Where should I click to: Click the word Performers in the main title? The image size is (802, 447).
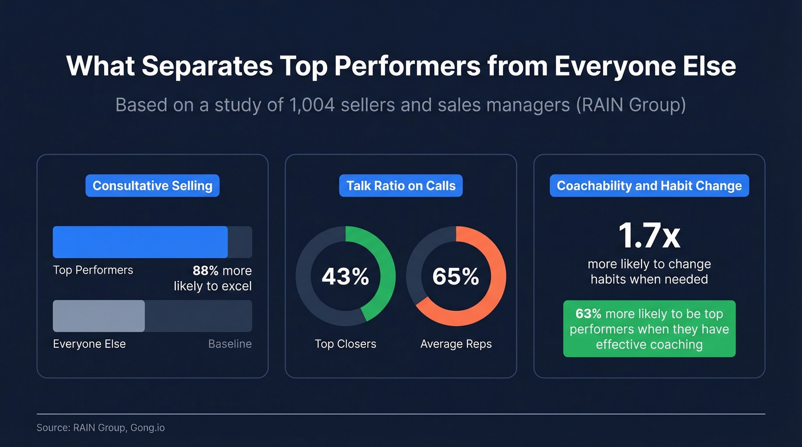(407, 66)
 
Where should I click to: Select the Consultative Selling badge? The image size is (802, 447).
(152, 186)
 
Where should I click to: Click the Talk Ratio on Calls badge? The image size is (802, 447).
(401, 186)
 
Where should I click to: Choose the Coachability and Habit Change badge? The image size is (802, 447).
(649, 186)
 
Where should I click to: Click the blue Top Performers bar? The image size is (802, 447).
(140, 242)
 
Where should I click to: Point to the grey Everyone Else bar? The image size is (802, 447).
(99, 316)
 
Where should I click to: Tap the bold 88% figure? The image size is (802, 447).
(206, 271)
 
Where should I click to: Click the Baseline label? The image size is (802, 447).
(230, 344)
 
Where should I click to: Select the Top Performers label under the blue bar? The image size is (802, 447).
(93, 270)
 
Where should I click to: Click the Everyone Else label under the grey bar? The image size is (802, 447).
(89, 344)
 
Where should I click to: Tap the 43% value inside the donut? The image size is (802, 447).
(345, 276)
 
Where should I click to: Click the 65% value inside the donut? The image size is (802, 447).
(456, 276)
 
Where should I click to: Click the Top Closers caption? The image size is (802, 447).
(345, 344)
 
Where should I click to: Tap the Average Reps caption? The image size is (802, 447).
(456, 344)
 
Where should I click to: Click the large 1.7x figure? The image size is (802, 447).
(649, 235)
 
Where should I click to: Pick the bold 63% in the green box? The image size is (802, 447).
(588, 314)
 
